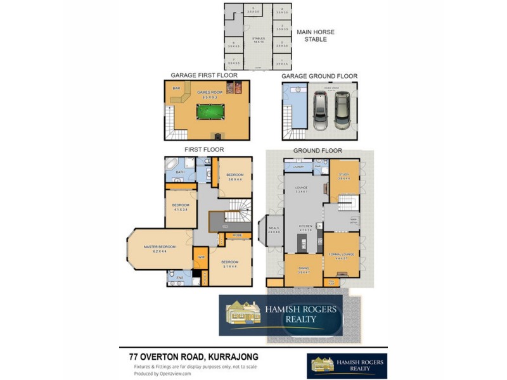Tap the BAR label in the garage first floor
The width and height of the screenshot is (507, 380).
(177, 88)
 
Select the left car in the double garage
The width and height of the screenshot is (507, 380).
(321, 111)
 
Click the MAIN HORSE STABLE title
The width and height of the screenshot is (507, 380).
(316, 35)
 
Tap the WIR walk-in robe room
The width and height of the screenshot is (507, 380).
(200, 257)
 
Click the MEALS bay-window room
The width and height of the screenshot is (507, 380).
(274, 230)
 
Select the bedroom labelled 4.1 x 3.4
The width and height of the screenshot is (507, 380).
(180, 207)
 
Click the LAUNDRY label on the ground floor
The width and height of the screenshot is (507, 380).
(298, 167)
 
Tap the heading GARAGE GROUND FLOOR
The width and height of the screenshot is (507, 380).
(319, 76)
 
